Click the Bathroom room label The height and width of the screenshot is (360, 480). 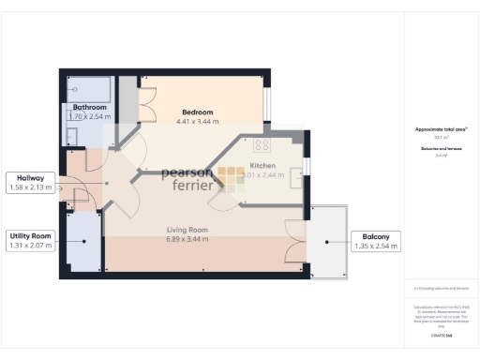coord(90,108)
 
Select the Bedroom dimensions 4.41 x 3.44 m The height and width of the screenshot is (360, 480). coord(200,121)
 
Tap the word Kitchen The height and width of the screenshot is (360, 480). coord(262,164)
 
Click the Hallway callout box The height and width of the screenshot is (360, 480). coord(31,184)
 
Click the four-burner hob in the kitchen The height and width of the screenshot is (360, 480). coord(261,145)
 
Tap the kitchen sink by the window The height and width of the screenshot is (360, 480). coord(295,172)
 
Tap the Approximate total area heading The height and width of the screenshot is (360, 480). coord(441,128)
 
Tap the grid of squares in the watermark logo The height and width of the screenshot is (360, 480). coord(232,177)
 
